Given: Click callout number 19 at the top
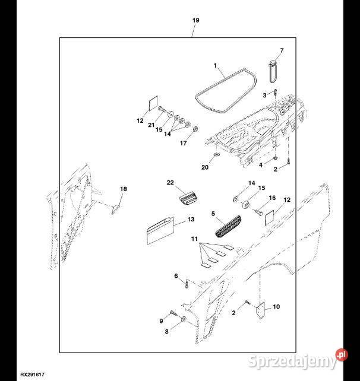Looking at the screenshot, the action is pyautogui.click(x=195, y=20).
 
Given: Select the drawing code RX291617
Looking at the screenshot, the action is pyautogui.click(x=32, y=375).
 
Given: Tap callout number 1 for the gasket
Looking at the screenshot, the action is pyautogui.click(x=215, y=66).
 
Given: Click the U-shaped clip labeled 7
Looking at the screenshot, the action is pyautogui.click(x=273, y=71).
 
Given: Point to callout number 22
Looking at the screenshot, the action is pyautogui.click(x=170, y=182).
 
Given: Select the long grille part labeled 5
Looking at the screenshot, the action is pyautogui.click(x=228, y=226).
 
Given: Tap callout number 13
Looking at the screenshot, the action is pyautogui.click(x=191, y=220).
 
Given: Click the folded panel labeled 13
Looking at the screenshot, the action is pyautogui.click(x=161, y=230).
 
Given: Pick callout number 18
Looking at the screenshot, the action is pyautogui.click(x=124, y=189).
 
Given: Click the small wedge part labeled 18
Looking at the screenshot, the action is pyautogui.click(x=116, y=209).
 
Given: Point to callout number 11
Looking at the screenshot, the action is pyautogui.click(x=194, y=239).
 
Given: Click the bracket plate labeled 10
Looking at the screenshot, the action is pyautogui.click(x=261, y=310).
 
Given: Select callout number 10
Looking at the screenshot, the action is pyautogui.click(x=276, y=307).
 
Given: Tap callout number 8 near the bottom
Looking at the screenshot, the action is pyautogui.click(x=166, y=331).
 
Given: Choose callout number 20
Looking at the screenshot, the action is pyautogui.click(x=205, y=167).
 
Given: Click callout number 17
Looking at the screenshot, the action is pyautogui.click(x=183, y=143).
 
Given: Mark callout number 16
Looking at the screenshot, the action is pyautogui.click(x=272, y=198).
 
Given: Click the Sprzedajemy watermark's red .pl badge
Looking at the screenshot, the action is pyautogui.click(x=342, y=355).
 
